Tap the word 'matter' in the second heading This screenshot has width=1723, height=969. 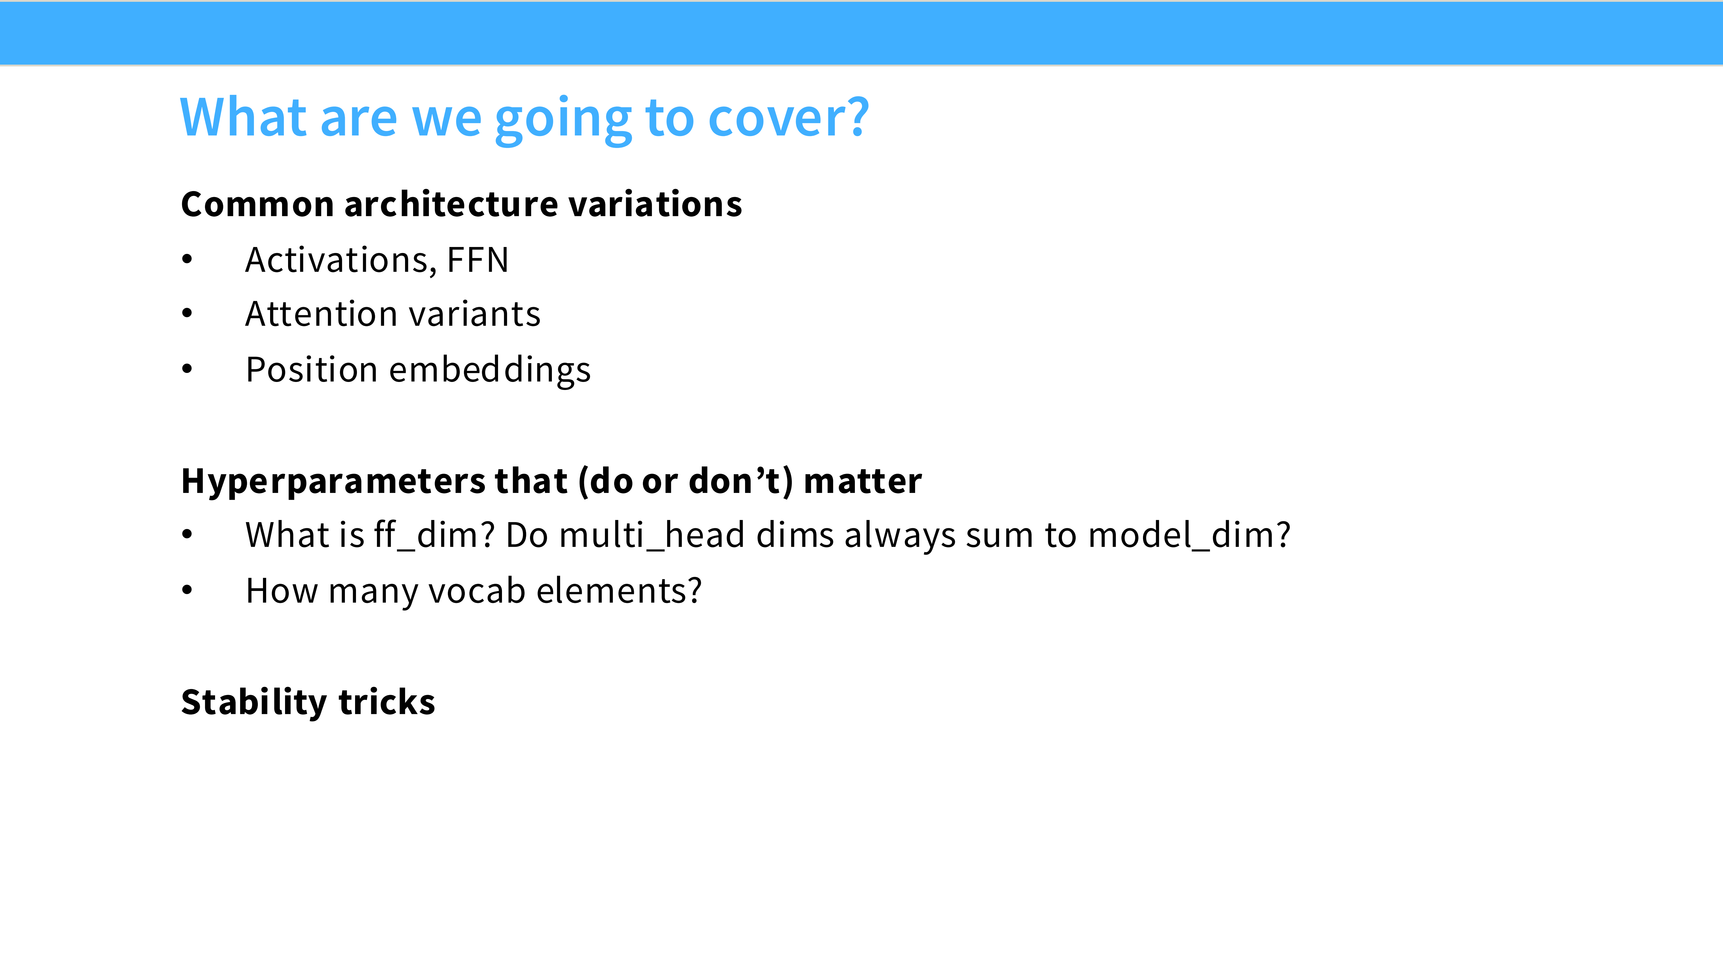click(x=863, y=482)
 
